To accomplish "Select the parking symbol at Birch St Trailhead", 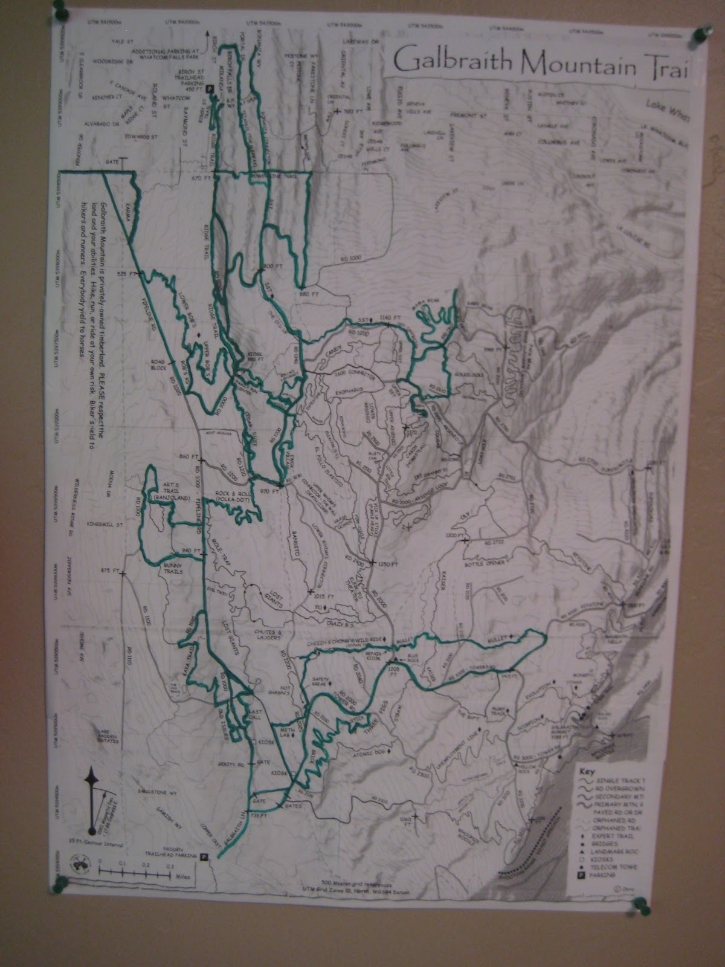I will click(x=210, y=88).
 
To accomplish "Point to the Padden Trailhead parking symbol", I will click(x=204, y=856).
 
